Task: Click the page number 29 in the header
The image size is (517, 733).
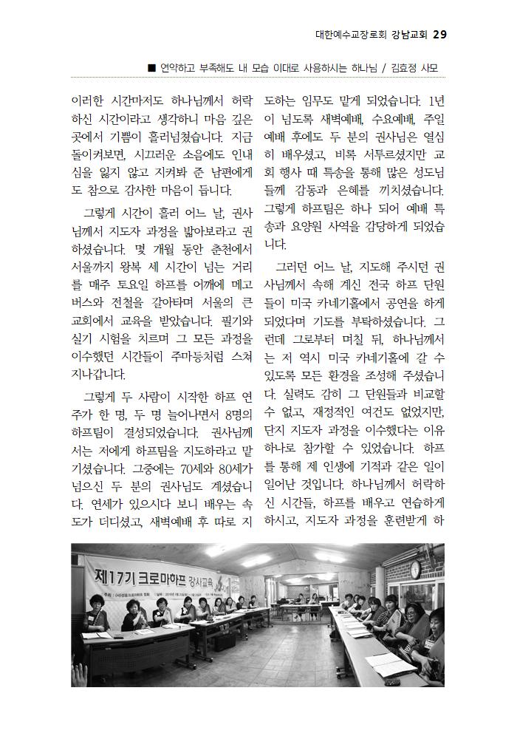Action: click(439, 35)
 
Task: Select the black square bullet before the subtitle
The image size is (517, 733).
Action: click(151, 69)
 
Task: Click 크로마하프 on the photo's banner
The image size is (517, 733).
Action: click(163, 576)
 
